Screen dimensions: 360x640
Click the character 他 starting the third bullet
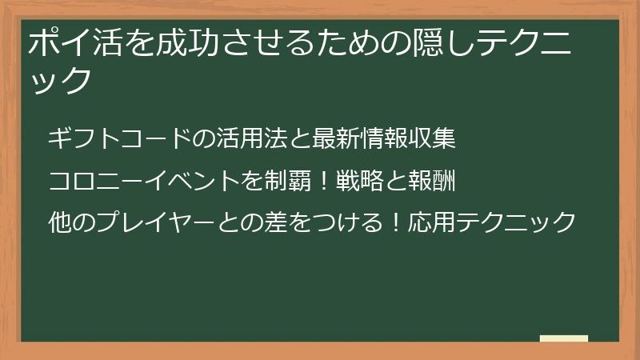click(x=59, y=222)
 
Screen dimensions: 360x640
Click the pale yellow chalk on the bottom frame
click(x=563, y=338)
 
